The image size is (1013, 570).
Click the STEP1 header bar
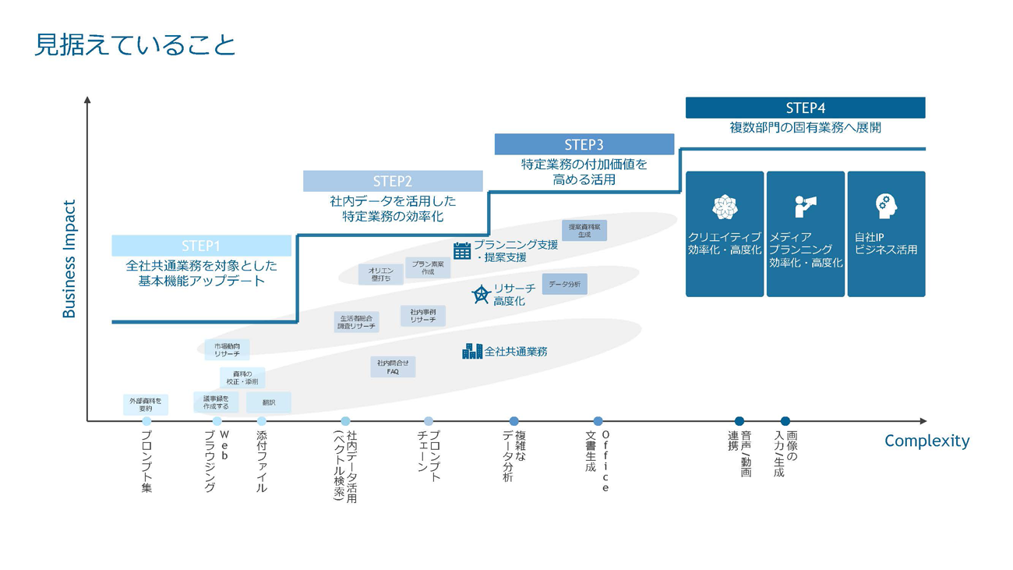coord(201,246)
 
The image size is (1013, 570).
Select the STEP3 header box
coord(584,144)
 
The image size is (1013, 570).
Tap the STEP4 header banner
coord(805,108)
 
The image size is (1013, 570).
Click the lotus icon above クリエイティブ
coord(725,207)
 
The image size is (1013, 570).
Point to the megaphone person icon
coord(805,207)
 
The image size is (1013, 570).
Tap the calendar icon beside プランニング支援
coord(462,250)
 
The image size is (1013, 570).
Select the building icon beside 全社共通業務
coord(472,352)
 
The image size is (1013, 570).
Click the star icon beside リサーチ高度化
coord(481,295)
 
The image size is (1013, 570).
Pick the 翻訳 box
coord(269,402)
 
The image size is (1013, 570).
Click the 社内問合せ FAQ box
coord(393,367)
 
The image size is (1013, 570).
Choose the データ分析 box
coord(564,285)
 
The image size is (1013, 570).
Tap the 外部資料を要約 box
coord(146,405)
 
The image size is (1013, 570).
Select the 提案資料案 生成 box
coord(584,230)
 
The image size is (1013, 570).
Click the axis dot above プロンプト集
coord(146,421)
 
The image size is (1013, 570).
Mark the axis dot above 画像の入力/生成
coord(785,421)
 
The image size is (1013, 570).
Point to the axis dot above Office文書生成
coord(598,421)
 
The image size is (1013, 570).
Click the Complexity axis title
coord(927,441)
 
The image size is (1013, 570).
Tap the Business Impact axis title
coord(69,259)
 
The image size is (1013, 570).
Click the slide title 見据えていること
coord(135,44)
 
